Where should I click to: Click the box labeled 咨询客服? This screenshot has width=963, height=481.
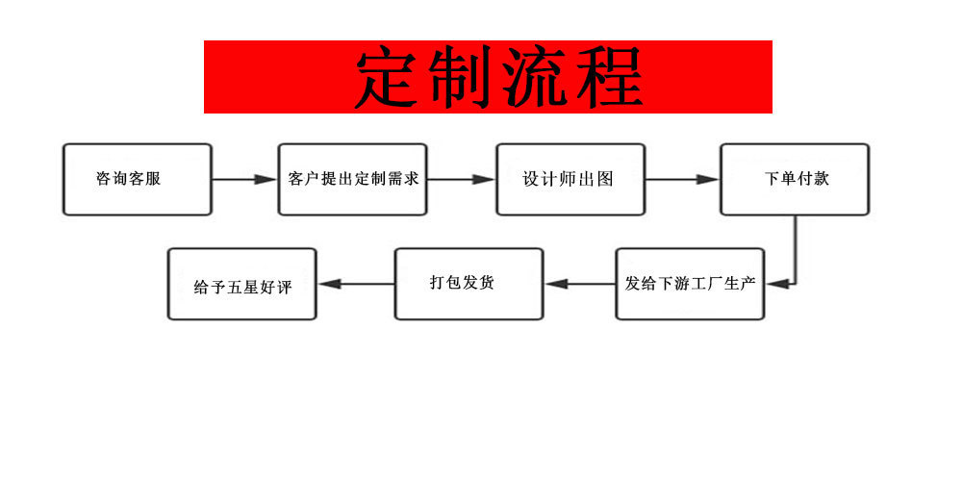137,180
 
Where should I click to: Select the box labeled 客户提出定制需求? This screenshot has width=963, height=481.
353,180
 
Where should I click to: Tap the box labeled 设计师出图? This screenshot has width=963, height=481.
570,180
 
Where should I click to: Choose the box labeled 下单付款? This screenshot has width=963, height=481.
795,180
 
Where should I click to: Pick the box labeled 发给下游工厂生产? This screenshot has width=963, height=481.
690,284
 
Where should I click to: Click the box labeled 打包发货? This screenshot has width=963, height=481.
469,284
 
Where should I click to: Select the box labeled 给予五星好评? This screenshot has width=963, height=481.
241,284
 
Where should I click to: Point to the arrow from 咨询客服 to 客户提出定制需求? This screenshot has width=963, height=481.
244,180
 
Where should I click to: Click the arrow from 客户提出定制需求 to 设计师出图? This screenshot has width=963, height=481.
461,180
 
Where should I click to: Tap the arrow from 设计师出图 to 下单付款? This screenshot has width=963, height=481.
682,180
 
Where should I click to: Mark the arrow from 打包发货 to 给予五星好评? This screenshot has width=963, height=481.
356,284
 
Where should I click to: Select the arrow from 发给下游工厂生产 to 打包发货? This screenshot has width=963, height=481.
580,284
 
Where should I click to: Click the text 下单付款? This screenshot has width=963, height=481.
796,179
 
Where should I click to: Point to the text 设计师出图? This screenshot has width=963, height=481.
568,179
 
